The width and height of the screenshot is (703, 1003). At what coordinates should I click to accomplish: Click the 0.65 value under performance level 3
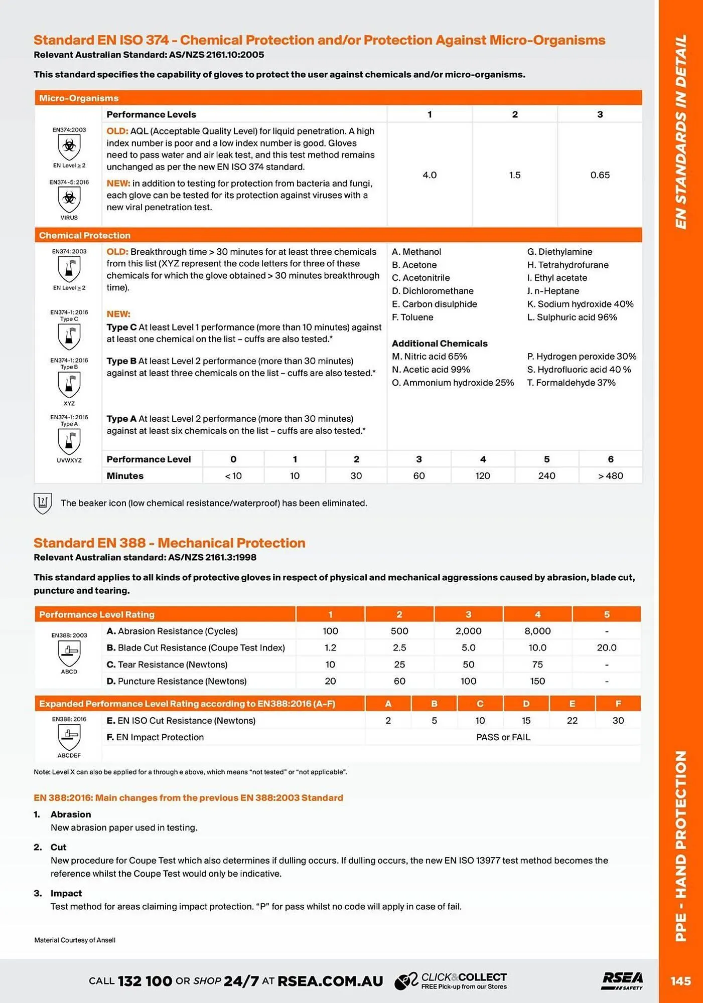point(600,175)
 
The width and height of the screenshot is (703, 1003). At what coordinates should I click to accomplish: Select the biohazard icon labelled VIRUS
point(69,199)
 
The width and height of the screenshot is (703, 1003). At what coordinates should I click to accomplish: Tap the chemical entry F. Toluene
point(412,317)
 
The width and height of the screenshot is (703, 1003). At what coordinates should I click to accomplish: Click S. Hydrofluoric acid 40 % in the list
point(579,370)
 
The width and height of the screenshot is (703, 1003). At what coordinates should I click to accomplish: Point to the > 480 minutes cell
point(610,475)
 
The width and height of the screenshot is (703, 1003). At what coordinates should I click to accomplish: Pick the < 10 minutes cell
point(233,475)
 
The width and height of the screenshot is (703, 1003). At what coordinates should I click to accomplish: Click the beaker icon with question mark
point(43,503)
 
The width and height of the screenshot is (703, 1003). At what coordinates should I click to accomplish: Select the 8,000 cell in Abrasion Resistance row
point(537,631)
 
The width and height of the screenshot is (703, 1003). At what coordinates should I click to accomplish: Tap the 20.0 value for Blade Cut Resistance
point(606,647)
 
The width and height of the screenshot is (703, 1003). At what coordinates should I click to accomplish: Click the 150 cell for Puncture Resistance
point(537,681)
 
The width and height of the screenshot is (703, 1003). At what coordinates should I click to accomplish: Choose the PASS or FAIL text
point(503,737)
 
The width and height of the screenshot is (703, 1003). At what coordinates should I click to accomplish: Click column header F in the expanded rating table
point(618,704)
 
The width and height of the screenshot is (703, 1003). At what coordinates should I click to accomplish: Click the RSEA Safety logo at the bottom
point(622,980)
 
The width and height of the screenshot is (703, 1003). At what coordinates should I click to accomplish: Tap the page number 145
point(680,981)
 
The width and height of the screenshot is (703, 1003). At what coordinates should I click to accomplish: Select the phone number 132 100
point(145,981)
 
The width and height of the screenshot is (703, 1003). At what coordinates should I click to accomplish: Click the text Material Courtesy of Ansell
point(75,940)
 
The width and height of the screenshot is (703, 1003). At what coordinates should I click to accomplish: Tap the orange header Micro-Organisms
point(79,98)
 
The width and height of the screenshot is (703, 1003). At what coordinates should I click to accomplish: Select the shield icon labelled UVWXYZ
point(69,441)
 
